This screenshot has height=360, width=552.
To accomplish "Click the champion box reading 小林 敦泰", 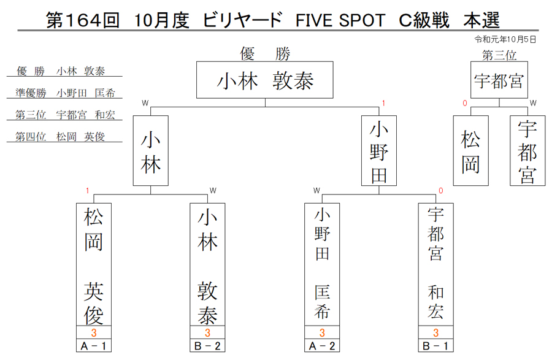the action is [265, 80].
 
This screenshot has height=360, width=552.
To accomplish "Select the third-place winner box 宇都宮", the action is [499, 80].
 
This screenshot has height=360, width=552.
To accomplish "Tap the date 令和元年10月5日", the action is [505, 39].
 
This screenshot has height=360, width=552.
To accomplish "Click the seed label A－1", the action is [94, 345].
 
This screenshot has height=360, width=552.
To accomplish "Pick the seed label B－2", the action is [207, 345].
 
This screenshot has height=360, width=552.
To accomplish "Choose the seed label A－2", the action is [322, 345].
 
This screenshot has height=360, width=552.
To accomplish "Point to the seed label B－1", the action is [436, 345].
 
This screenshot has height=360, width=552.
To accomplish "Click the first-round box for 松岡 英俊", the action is [94, 264].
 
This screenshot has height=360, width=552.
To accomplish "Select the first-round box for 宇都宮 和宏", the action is [436, 264].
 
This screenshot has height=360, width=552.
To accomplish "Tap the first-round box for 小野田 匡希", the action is [322, 264].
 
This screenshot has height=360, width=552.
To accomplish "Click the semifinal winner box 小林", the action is [151, 151].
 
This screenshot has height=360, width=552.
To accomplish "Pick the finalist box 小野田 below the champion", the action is [379, 151].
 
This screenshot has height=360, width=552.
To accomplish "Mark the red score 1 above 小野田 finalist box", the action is [383, 103].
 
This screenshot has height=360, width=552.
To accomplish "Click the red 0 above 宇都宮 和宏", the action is [441, 191].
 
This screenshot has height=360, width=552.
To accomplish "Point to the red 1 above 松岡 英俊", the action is [87, 191].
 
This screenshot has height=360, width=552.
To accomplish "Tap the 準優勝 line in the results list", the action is [65, 93].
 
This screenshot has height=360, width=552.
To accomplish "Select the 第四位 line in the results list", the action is [60, 137].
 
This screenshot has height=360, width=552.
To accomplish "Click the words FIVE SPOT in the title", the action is [340, 20].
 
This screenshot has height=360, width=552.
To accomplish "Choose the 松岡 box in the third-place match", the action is [470, 151].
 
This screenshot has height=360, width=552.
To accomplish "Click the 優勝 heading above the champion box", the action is [265, 54].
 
